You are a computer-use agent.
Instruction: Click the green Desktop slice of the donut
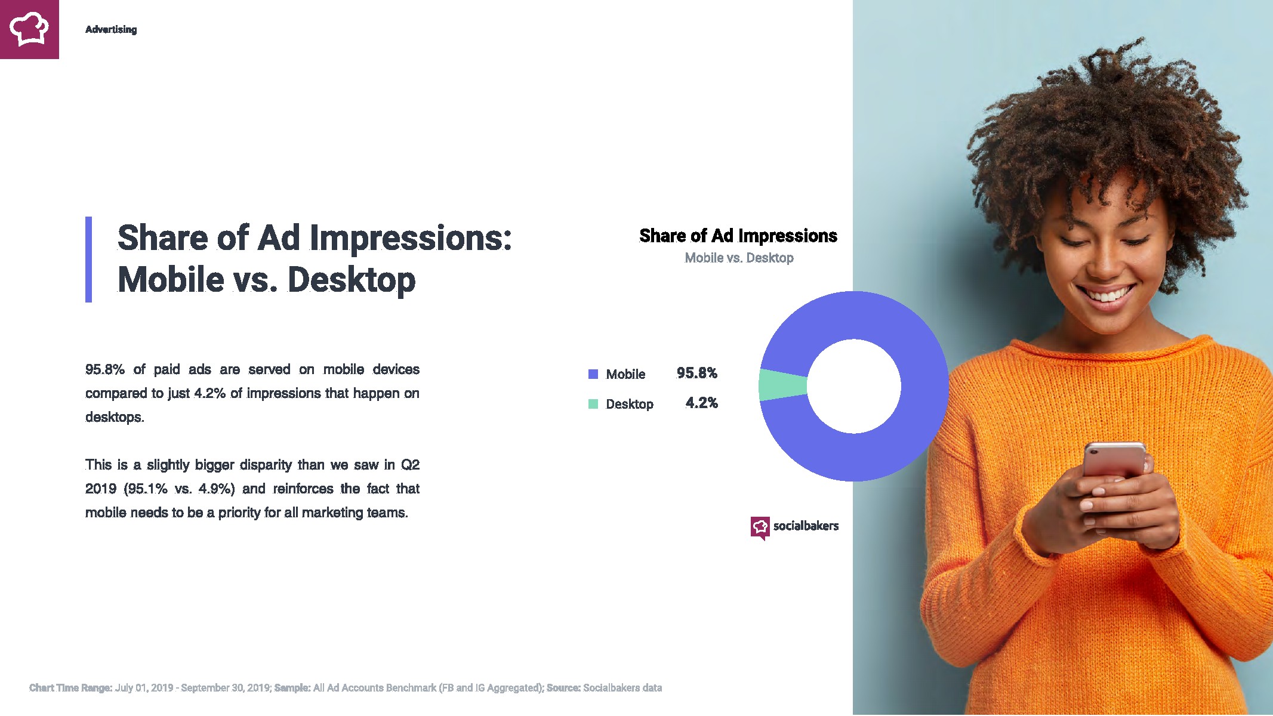pyautogui.click(x=782, y=385)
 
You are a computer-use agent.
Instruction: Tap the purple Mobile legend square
pyautogui.click(x=593, y=374)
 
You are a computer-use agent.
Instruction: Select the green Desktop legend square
pyautogui.click(x=593, y=404)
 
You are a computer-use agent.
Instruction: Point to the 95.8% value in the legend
pyautogui.click(x=696, y=373)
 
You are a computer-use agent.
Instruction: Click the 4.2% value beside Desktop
pyautogui.click(x=701, y=403)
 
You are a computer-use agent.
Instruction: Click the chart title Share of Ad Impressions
pyautogui.click(x=738, y=236)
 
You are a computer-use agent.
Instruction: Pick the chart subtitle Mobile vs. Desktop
pyautogui.click(x=739, y=258)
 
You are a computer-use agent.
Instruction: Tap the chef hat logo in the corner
pyautogui.click(x=29, y=29)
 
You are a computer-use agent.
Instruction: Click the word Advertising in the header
pyautogui.click(x=111, y=29)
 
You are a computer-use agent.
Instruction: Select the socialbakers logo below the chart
pyautogui.click(x=794, y=527)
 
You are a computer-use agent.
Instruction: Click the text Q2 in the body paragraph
pyautogui.click(x=410, y=465)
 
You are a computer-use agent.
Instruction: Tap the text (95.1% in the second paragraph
pyautogui.click(x=146, y=489)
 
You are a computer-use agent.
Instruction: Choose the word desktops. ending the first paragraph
pyautogui.click(x=115, y=417)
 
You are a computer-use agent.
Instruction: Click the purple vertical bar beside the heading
pyautogui.click(x=89, y=260)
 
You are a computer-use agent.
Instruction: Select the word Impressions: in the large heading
pyautogui.click(x=411, y=239)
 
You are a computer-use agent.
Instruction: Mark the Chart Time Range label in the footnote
pyautogui.click(x=71, y=688)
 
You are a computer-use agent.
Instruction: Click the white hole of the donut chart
pyautogui.click(x=854, y=386)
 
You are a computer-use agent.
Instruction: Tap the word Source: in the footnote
pyautogui.click(x=563, y=688)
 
